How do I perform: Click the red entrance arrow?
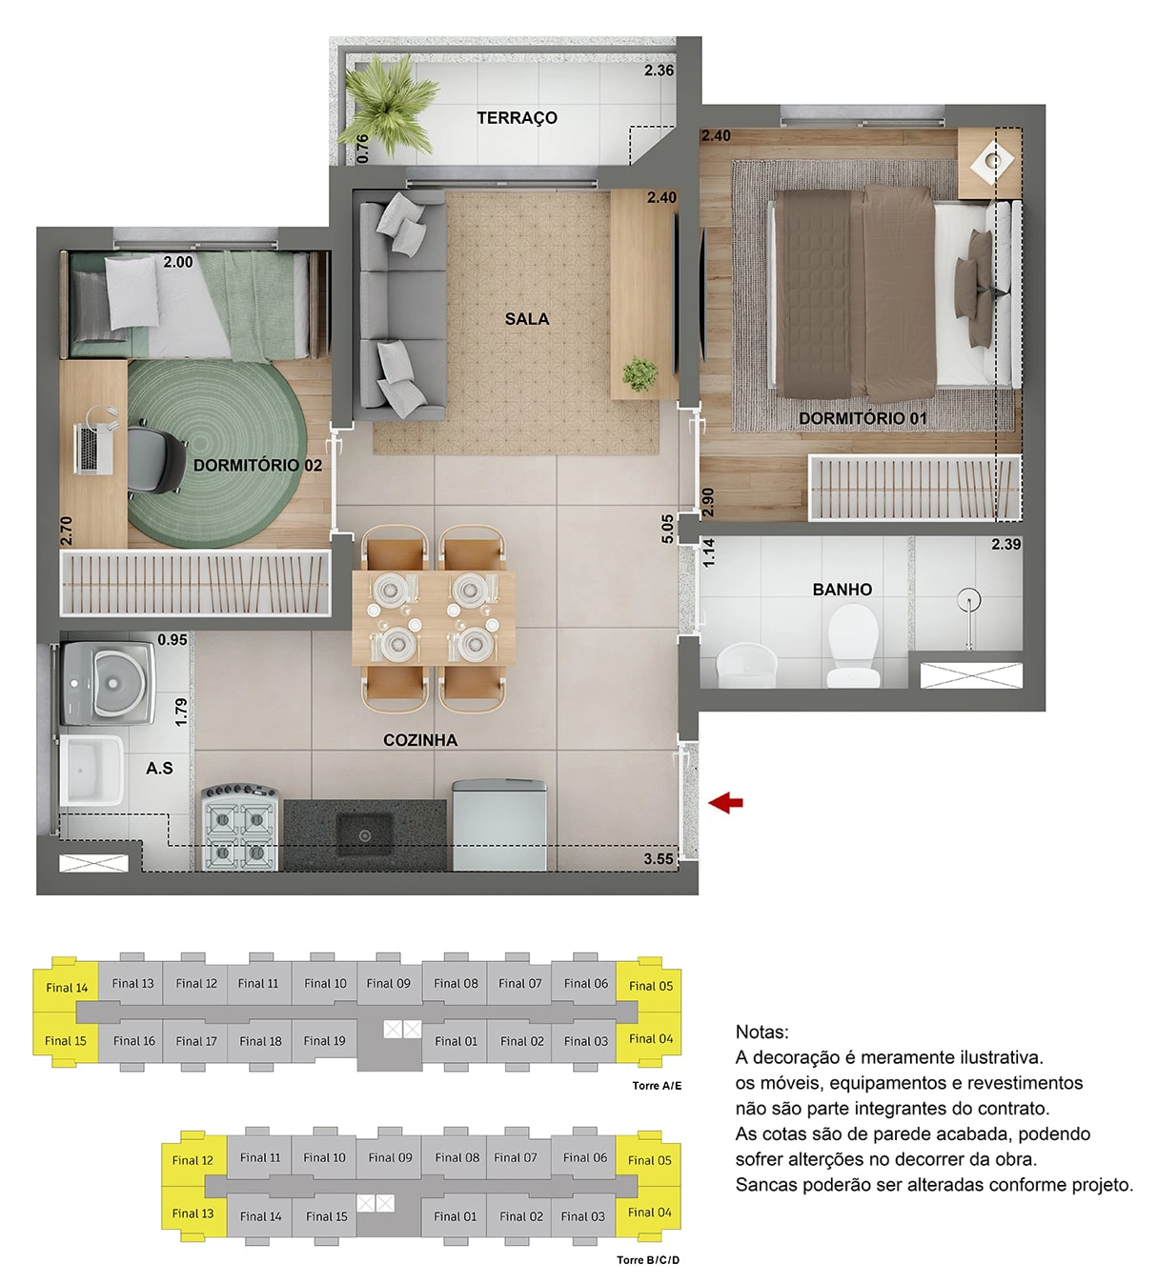(725, 802)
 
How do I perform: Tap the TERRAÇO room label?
(517, 118)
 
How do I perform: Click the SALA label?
(527, 319)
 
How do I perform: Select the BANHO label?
(842, 590)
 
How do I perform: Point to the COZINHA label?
(420, 740)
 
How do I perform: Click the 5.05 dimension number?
(667, 529)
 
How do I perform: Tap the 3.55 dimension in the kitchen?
(659, 858)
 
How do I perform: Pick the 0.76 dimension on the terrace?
(362, 148)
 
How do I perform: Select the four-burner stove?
(239, 828)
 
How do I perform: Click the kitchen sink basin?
(364, 834)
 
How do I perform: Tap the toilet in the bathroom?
(852, 646)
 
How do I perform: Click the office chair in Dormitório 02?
(155, 459)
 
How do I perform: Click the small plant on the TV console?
(639, 373)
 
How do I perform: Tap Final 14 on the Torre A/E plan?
(67, 988)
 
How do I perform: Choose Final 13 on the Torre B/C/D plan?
(193, 1213)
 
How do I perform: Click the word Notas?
(761, 1032)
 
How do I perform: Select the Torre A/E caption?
(657, 1086)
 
